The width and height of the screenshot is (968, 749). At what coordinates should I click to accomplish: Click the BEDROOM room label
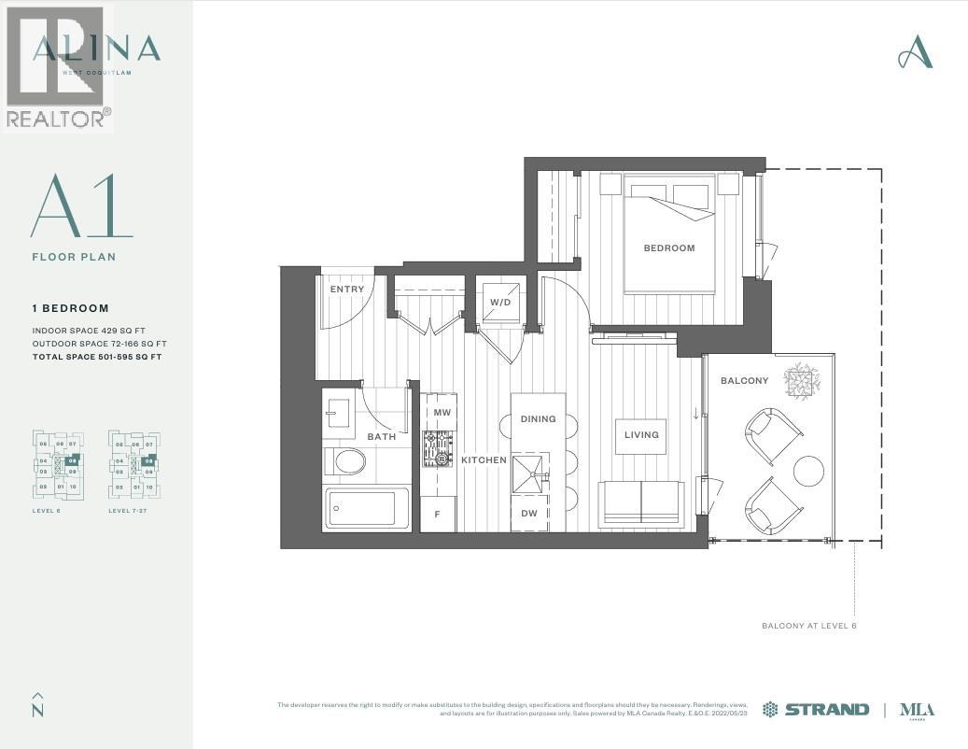click(x=669, y=248)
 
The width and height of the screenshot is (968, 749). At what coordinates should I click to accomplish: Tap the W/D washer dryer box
click(x=499, y=302)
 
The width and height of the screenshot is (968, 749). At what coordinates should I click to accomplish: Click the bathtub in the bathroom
click(x=366, y=508)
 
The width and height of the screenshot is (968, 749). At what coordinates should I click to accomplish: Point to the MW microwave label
click(x=442, y=412)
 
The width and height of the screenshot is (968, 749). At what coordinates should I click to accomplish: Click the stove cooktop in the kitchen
click(x=438, y=449)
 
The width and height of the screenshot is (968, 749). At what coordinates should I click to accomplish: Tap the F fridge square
click(x=437, y=514)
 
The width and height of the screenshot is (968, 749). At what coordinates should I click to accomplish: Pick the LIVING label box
click(x=640, y=435)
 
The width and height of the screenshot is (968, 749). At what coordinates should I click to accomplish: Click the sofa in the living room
click(x=641, y=504)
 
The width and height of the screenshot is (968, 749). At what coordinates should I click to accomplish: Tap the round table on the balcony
click(x=808, y=470)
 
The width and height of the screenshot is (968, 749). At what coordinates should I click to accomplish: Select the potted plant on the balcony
click(x=802, y=381)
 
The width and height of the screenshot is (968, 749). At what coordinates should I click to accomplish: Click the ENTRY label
click(x=347, y=290)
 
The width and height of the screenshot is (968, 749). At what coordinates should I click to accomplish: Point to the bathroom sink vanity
click(x=339, y=413)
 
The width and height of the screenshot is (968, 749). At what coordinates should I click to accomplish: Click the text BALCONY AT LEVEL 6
click(x=808, y=626)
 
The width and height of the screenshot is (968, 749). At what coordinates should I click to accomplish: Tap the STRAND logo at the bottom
click(x=816, y=709)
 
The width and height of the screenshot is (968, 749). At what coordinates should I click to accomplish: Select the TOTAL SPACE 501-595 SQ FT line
click(x=97, y=357)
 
